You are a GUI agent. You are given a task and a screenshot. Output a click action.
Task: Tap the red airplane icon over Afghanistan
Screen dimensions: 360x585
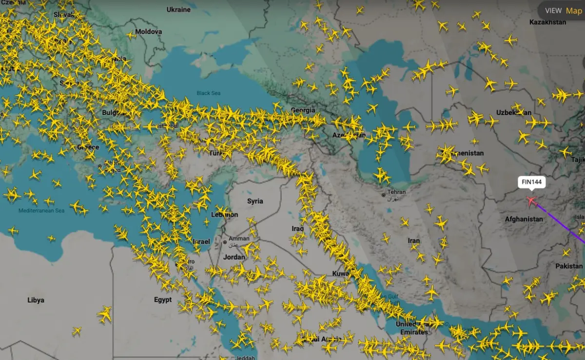point(531,200)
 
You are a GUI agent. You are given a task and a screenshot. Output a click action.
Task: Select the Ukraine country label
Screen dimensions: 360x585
point(178,10)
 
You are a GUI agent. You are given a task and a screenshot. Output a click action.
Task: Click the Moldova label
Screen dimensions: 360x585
point(148,32)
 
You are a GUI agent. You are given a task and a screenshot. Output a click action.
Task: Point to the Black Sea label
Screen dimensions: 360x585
point(209,93)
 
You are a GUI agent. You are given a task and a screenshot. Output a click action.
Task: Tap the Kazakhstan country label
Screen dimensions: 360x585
point(547,22)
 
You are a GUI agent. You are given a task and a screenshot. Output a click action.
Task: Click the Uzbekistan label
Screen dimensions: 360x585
point(514,113)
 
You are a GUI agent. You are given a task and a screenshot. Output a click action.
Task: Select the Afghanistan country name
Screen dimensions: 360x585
point(524,219)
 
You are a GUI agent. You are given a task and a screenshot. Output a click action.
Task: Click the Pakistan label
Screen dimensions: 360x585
point(569,266)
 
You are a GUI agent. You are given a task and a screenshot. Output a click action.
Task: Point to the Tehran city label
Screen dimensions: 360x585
point(396,192)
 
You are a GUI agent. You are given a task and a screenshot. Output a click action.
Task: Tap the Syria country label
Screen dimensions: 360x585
point(255,201)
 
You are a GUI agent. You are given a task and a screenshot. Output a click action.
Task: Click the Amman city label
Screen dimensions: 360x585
point(239,239)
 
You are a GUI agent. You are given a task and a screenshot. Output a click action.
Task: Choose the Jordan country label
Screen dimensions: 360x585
point(234,257)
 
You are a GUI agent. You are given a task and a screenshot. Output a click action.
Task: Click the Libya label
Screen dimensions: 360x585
point(36,300)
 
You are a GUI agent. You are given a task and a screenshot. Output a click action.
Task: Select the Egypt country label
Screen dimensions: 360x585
point(163,300)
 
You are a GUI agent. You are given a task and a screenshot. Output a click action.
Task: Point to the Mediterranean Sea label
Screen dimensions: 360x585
point(41,211)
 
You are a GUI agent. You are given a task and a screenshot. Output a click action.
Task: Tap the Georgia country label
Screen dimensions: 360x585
point(302,110)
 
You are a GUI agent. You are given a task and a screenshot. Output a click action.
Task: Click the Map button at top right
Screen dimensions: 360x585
point(574,10)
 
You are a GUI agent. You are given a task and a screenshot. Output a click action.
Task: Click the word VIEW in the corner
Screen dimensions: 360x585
point(553,10)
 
